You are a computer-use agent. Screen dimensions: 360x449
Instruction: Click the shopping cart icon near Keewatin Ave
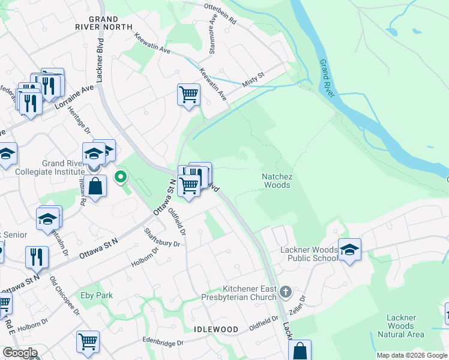tap(188, 94)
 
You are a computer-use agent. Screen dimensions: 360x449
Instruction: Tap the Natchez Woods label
tap(276, 181)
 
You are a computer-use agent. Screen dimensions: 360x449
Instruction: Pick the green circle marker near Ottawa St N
tap(121, 176)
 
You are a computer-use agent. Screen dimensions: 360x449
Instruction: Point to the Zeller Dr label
tap(303, 306)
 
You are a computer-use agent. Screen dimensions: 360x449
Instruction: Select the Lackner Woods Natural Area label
tap(400, 326)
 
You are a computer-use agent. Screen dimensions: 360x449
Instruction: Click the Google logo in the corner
tap(19, 353)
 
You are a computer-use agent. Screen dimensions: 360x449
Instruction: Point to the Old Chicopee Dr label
tap(65, 296)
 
